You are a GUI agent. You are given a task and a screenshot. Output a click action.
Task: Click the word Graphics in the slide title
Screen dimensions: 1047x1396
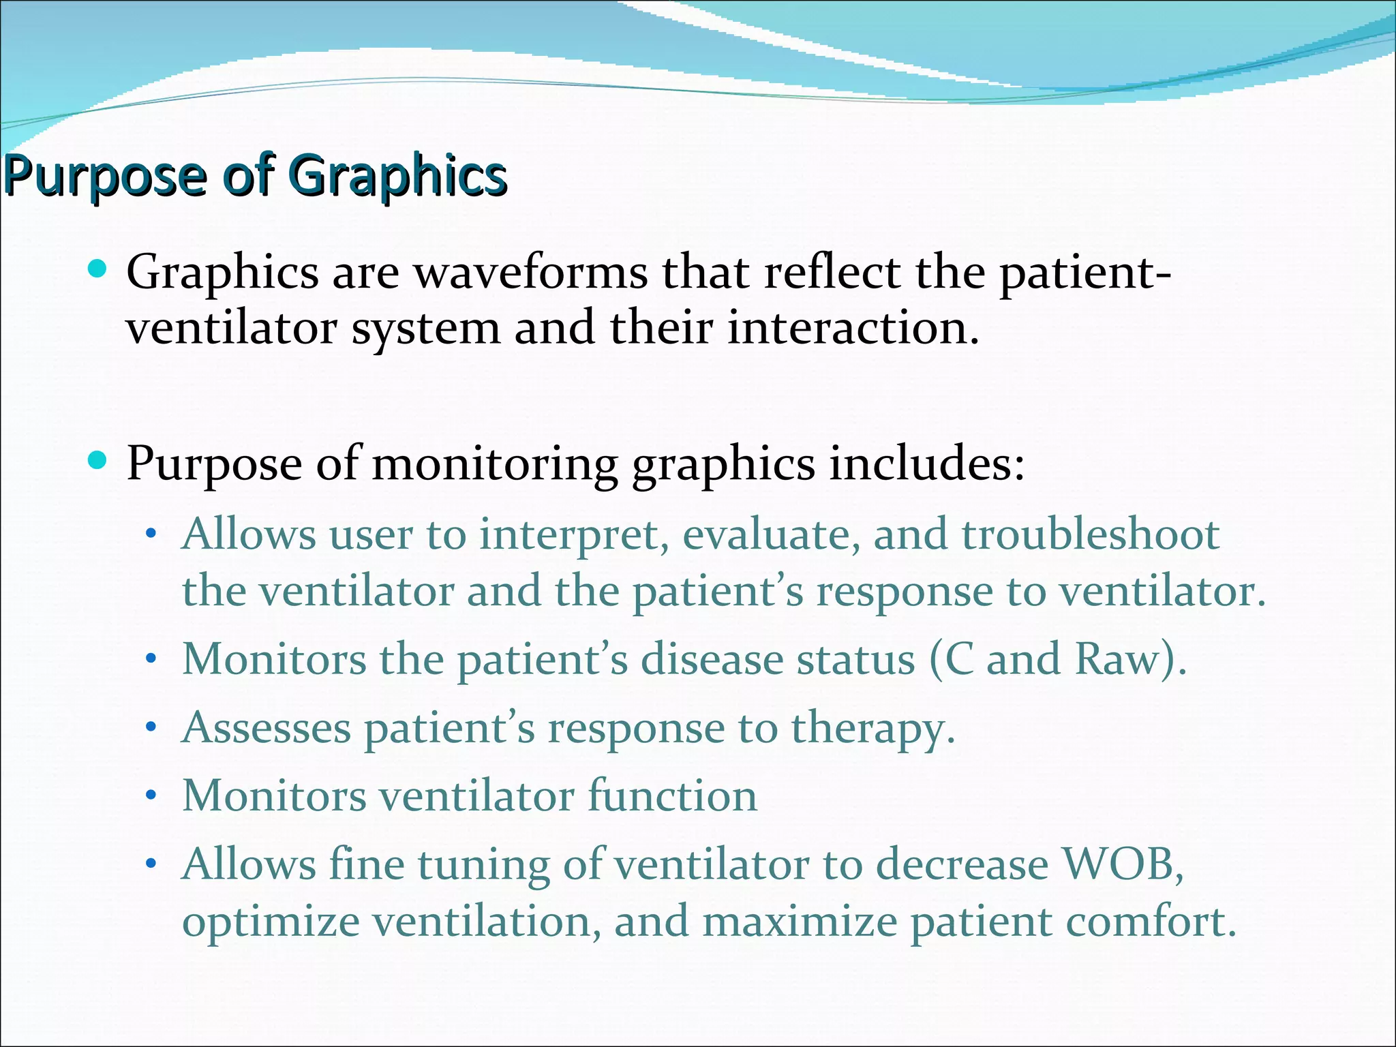click(401, 176)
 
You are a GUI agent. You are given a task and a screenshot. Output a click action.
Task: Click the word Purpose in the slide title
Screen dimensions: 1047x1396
click(106, 176)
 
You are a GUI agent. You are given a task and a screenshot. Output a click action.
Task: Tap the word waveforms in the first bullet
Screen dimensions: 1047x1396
click(531, 273)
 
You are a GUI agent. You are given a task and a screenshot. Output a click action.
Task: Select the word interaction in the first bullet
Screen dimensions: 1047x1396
click(852, 328)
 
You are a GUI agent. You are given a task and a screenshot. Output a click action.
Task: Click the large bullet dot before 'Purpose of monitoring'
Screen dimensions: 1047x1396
click(98, 460)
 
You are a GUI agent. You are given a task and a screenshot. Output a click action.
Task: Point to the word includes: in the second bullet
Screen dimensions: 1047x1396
click(926, 464)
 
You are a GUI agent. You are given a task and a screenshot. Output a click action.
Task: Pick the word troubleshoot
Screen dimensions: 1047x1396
click(1090, 534)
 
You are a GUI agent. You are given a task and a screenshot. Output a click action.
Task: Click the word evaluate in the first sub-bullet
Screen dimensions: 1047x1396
click(768, 534)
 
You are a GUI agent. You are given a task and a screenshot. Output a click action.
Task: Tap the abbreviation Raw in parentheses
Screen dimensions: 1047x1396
click(1117, 660)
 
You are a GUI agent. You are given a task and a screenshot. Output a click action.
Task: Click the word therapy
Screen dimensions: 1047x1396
click(872, 729)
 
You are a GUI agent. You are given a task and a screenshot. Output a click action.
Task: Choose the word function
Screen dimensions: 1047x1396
click(672, 795)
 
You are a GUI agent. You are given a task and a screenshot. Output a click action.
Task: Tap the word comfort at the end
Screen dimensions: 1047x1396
click(1149, 922)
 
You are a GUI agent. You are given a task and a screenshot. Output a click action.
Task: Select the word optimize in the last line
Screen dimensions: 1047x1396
click(271, 922)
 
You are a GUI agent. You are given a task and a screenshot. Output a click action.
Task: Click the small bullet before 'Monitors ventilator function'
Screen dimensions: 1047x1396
click(151, 795)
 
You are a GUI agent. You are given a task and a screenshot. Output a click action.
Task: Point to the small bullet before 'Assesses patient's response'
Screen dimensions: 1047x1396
click(151, 727)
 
